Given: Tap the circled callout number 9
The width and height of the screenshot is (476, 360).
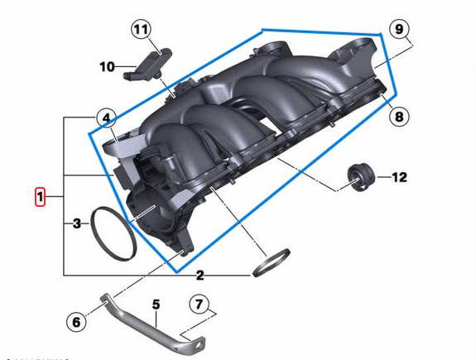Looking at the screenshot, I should tap(399, 30).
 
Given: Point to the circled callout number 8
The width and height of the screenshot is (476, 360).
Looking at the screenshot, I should tap(399, 117).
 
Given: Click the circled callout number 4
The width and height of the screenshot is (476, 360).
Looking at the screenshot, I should tap(106, 118).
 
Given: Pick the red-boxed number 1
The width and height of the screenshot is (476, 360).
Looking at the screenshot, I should tap(39, 197).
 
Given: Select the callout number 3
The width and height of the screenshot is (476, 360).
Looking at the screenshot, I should tap(76, 223).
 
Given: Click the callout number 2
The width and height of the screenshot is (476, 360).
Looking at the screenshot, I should tap(200, 275).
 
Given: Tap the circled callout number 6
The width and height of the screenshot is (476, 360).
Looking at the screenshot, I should tap(75, 322).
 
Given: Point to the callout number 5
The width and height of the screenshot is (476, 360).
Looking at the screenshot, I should tap(154, 305).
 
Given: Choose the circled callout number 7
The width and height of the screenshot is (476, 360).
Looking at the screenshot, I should tap(199, 304).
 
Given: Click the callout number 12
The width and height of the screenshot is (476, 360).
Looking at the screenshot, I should tap(400, 176).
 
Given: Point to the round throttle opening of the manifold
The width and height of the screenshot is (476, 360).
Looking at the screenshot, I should tap(149, 214).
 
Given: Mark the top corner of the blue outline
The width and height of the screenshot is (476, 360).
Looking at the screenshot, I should tap(262, 30).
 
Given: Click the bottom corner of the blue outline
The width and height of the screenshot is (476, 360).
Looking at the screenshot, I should tap(174, 271).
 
